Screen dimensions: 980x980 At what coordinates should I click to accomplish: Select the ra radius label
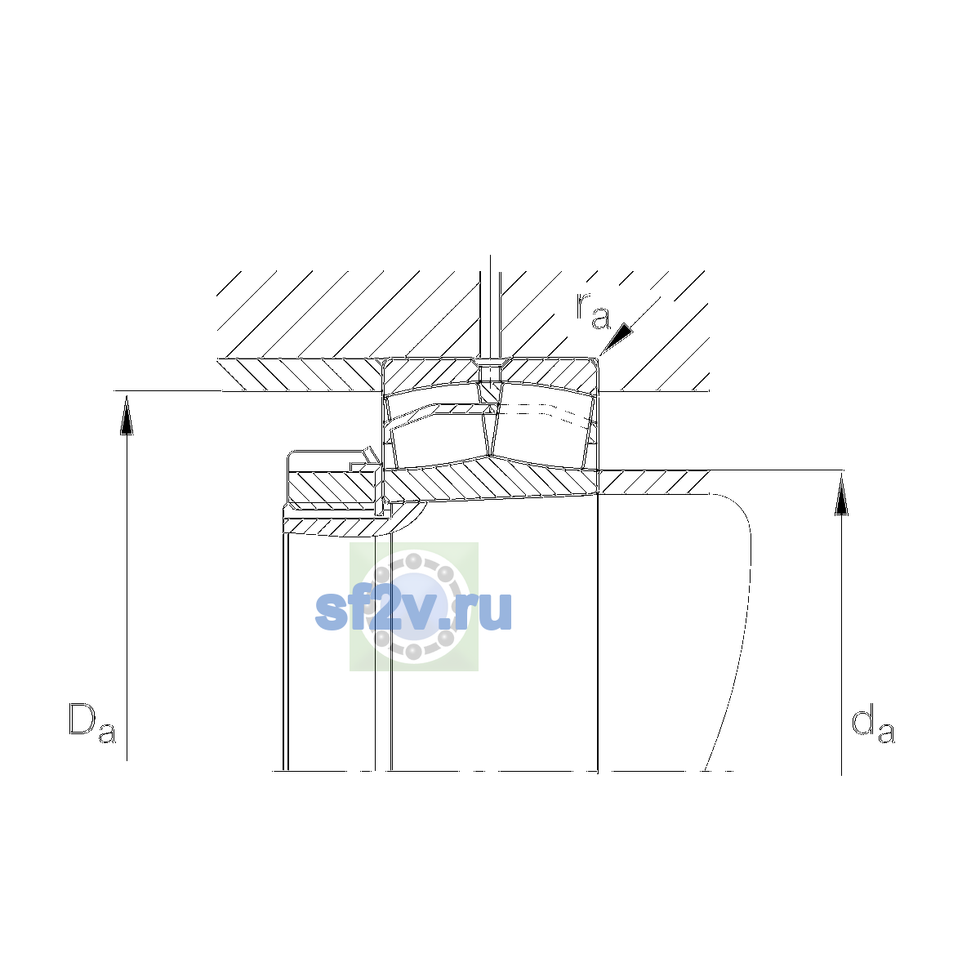click(x=592, y=310)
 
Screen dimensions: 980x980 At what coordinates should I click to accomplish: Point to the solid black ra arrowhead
click(x=618, y=337)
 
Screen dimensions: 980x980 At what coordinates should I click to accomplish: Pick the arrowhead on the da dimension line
click(x=842, y=495)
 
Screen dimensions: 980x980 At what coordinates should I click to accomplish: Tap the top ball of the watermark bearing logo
click(x=413, y=561)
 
